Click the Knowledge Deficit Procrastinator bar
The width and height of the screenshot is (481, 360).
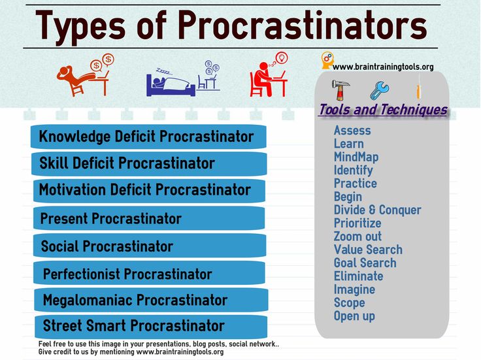[148, 137]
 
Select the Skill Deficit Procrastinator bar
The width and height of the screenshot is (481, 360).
[149, 163]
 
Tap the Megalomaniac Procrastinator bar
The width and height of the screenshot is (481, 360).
[151, 300]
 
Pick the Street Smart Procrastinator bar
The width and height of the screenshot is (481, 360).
[151, 326]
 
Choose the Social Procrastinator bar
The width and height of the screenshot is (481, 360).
[150, 246]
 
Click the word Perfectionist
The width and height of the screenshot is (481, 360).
[81, 274]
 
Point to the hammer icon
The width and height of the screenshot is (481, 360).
[340, 90]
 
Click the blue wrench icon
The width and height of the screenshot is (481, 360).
[379, 90]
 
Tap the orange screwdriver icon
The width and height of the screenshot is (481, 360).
[418, 89]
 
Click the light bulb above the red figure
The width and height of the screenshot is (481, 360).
[282, 57]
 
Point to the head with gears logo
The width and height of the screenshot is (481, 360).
[327, 59]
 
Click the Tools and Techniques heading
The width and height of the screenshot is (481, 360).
[383, 110]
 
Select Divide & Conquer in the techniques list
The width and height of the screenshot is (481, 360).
[377, 210]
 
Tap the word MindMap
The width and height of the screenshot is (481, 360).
[356, 157]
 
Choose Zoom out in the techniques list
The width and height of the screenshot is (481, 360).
[357, 237]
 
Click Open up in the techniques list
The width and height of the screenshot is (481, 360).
[354, 316]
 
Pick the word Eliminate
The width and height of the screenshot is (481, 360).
[358, 276]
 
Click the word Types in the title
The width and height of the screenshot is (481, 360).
[80, 25]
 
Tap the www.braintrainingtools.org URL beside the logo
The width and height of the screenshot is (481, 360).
[383, 67]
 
